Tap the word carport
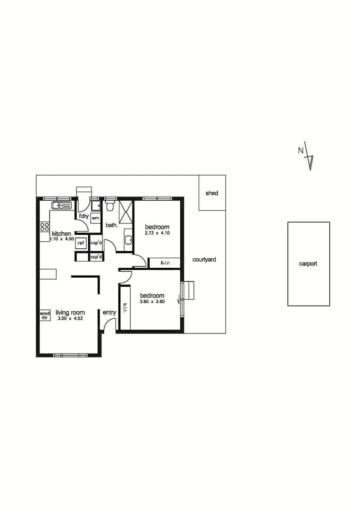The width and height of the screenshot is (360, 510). tap(308, 264)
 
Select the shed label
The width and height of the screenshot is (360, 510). tap(212, 193)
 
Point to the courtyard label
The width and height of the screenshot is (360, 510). tap(204, 259)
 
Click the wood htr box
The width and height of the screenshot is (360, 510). tap(45, 315)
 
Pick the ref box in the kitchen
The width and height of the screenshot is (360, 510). tap(81, 243)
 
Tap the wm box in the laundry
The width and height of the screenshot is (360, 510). tap(95, 218)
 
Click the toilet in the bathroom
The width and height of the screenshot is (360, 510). tap(110, 206)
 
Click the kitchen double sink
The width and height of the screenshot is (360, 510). tap(62, 205)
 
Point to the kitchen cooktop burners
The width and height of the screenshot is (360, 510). tap(45, 226)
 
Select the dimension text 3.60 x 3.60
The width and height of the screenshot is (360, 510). tap(152, 302)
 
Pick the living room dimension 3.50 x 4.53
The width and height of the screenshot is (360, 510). tap(70, 319)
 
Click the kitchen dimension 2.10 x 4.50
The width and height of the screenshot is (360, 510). tap(61, 239)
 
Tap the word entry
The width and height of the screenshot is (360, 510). tap(109, 313)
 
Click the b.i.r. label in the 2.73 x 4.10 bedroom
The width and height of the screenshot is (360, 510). tap(165, 263)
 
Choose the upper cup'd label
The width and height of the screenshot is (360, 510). tap(96, 243)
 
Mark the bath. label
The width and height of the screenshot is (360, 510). tap(111, 225)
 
